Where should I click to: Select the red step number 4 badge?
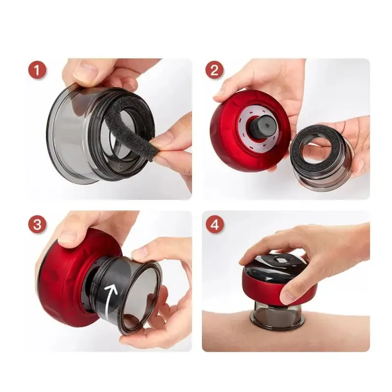pos(214,224)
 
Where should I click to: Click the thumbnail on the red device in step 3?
pos(66,238)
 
